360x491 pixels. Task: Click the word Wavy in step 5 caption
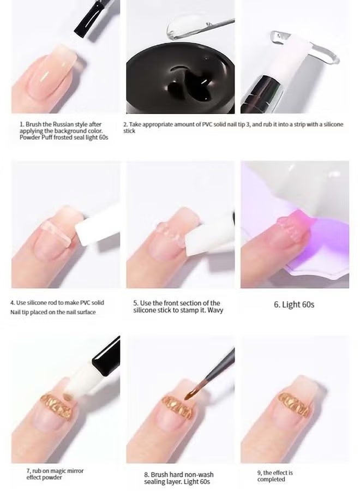tap(214, 310)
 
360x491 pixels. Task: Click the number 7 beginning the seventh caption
tap(28, 470)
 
